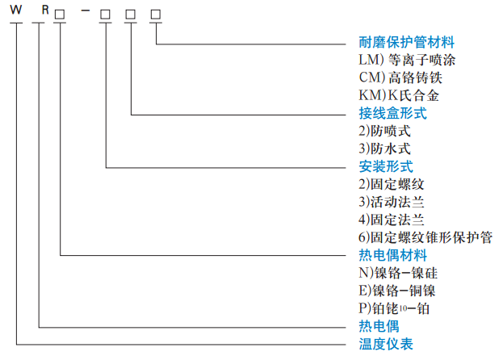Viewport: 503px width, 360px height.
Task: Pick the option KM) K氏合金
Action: (398, 96)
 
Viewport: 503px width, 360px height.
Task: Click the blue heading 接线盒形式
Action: (392, 114)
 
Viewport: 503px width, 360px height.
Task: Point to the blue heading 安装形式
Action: (386, 167)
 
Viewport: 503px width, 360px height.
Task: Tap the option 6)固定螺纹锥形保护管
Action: (425, 238)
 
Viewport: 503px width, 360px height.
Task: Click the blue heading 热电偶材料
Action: (392, 256)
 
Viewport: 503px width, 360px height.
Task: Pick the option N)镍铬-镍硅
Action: (398, 274)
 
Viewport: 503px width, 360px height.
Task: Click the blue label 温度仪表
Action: (386, 345)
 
